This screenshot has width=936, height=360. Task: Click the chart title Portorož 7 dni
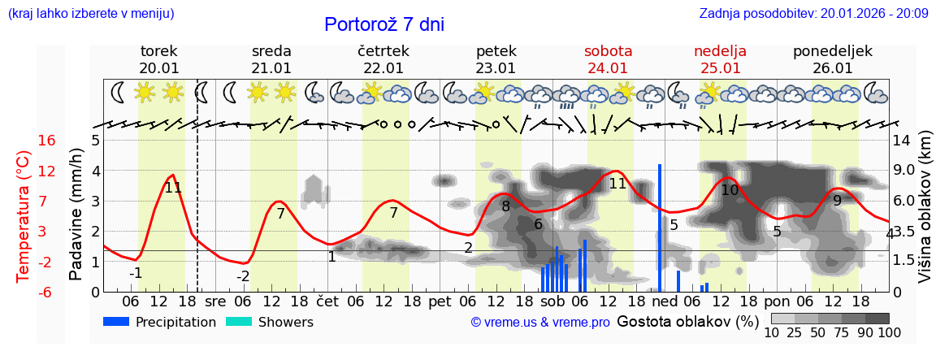pos(384,24)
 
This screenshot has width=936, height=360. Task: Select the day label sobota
pos(608,51)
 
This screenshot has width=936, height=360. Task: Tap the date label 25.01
pos(720,68)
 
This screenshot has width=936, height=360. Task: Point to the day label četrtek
pos(383,51)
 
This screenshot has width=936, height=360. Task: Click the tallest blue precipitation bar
pos(660,228)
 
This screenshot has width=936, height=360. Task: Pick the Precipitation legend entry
pos(159,322)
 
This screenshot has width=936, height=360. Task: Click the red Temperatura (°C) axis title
pos(24,216)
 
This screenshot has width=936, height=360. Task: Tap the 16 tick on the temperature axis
pos(47,141)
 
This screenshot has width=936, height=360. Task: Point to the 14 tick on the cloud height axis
pos(902,141)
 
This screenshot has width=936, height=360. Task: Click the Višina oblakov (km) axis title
pos(925,216)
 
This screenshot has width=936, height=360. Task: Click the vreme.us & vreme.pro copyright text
pos(540,322)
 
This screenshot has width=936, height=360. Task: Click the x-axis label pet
pos(440,301)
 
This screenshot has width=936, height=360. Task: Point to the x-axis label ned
pos(665,301)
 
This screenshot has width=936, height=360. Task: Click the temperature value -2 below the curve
pos(243,275)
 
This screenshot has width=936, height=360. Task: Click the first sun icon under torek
pos(145,92)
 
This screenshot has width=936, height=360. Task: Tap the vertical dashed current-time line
pos(197,203)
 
